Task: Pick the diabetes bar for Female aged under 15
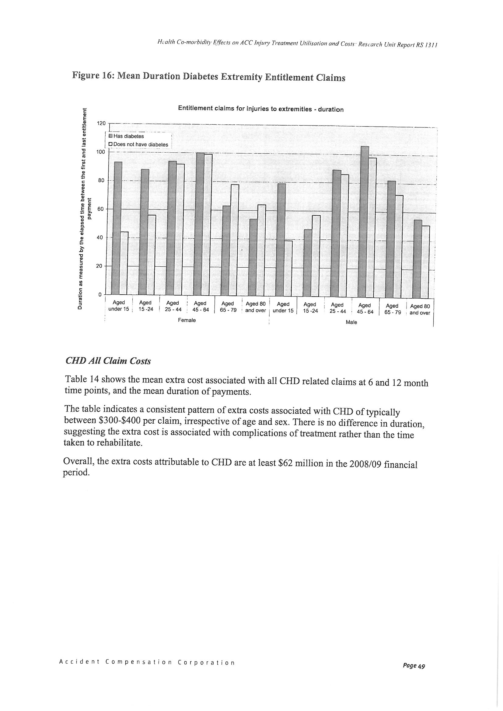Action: click(116, 228)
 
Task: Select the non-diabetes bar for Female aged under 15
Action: click(124, 263)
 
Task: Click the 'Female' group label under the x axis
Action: click(187, 320)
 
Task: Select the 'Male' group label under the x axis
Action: click(351, 322)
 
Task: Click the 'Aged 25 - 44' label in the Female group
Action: click(173, 306)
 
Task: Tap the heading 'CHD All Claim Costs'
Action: click(108, 361)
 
